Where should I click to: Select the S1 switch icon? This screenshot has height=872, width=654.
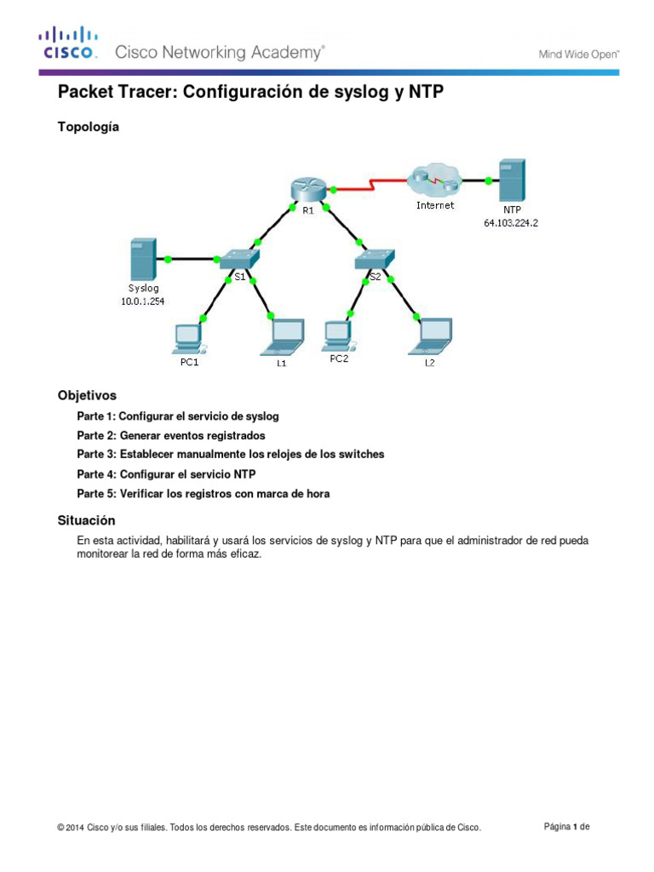pos(239,256)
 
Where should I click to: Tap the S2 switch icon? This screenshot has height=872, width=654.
pos(376,256)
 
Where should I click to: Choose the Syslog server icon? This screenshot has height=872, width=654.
pos(143,260)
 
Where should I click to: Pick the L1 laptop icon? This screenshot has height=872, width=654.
pos(287,336)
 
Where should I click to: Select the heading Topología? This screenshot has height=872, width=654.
pos(89,127)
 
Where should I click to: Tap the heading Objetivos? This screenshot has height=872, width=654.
pos(87,396)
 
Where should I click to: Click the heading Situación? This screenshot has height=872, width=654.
pos(86,520)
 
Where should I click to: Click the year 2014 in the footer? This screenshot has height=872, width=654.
pos(74,828)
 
